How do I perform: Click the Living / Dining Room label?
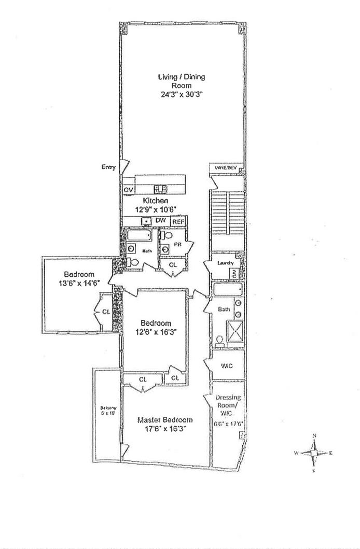point(182,81)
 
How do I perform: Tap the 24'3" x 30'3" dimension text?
point(182,95)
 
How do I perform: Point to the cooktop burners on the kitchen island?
point(161,188)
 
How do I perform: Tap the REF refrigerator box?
point(178,221)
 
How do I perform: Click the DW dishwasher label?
point(161,221)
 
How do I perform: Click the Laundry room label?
point(224,262)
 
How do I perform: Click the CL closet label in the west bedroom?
point(106,312)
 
